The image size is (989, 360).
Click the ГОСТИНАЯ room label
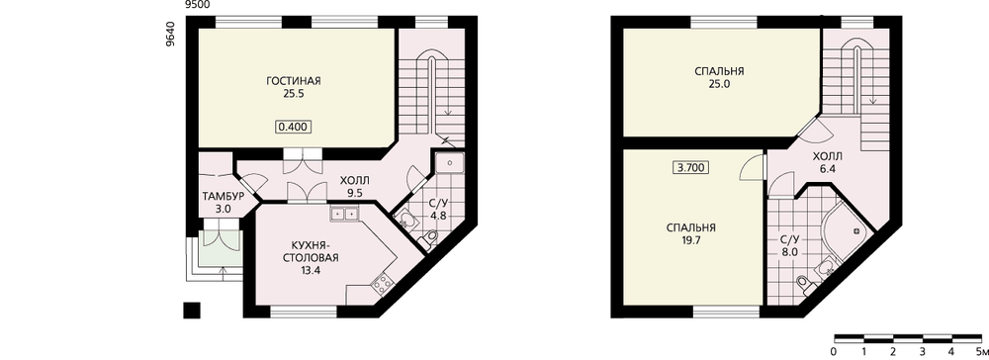pos(294,81)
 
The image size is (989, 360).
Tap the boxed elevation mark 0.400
pos(294,127)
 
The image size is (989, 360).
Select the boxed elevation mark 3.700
pos(690,168)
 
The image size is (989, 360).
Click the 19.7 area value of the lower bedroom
pos(690,240)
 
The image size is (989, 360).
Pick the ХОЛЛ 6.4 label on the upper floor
pos(826,162)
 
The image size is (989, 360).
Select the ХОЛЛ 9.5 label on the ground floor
pos(354,187)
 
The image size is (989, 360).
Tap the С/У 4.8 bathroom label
pos(438,209)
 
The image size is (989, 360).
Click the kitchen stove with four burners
pos(382,284)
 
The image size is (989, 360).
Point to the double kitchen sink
pos(344,215)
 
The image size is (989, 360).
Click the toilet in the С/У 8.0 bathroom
pos(804,283)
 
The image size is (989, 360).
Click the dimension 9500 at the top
pos(197,4)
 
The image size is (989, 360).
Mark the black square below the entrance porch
pos(192,311)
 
